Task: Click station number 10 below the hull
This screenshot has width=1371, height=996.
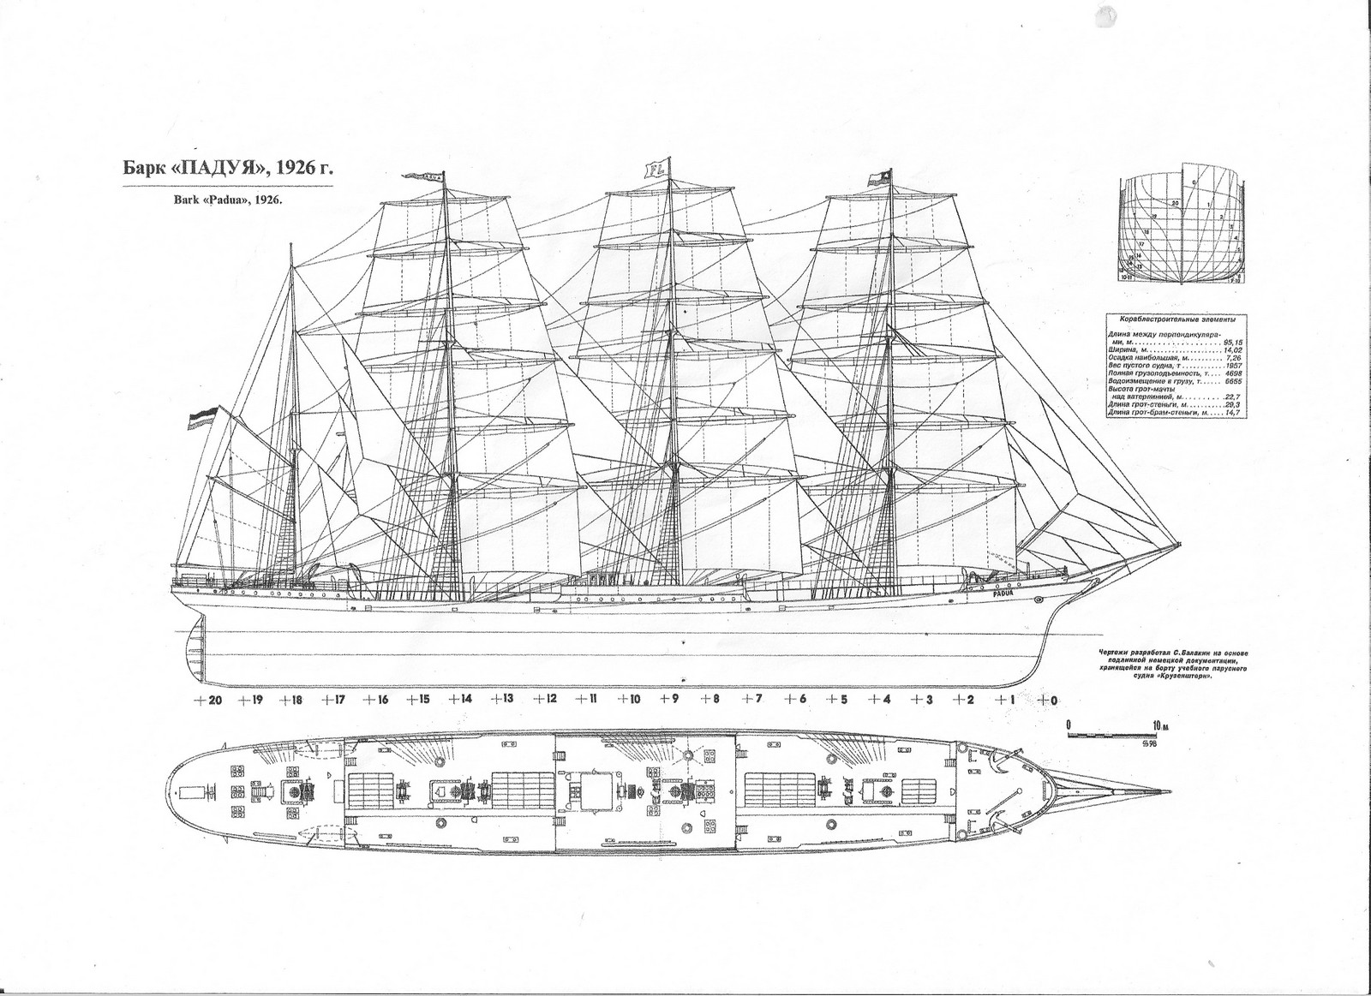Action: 633,700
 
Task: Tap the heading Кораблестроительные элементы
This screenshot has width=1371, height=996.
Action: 1176,319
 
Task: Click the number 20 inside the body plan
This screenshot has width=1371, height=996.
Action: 1176,202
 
